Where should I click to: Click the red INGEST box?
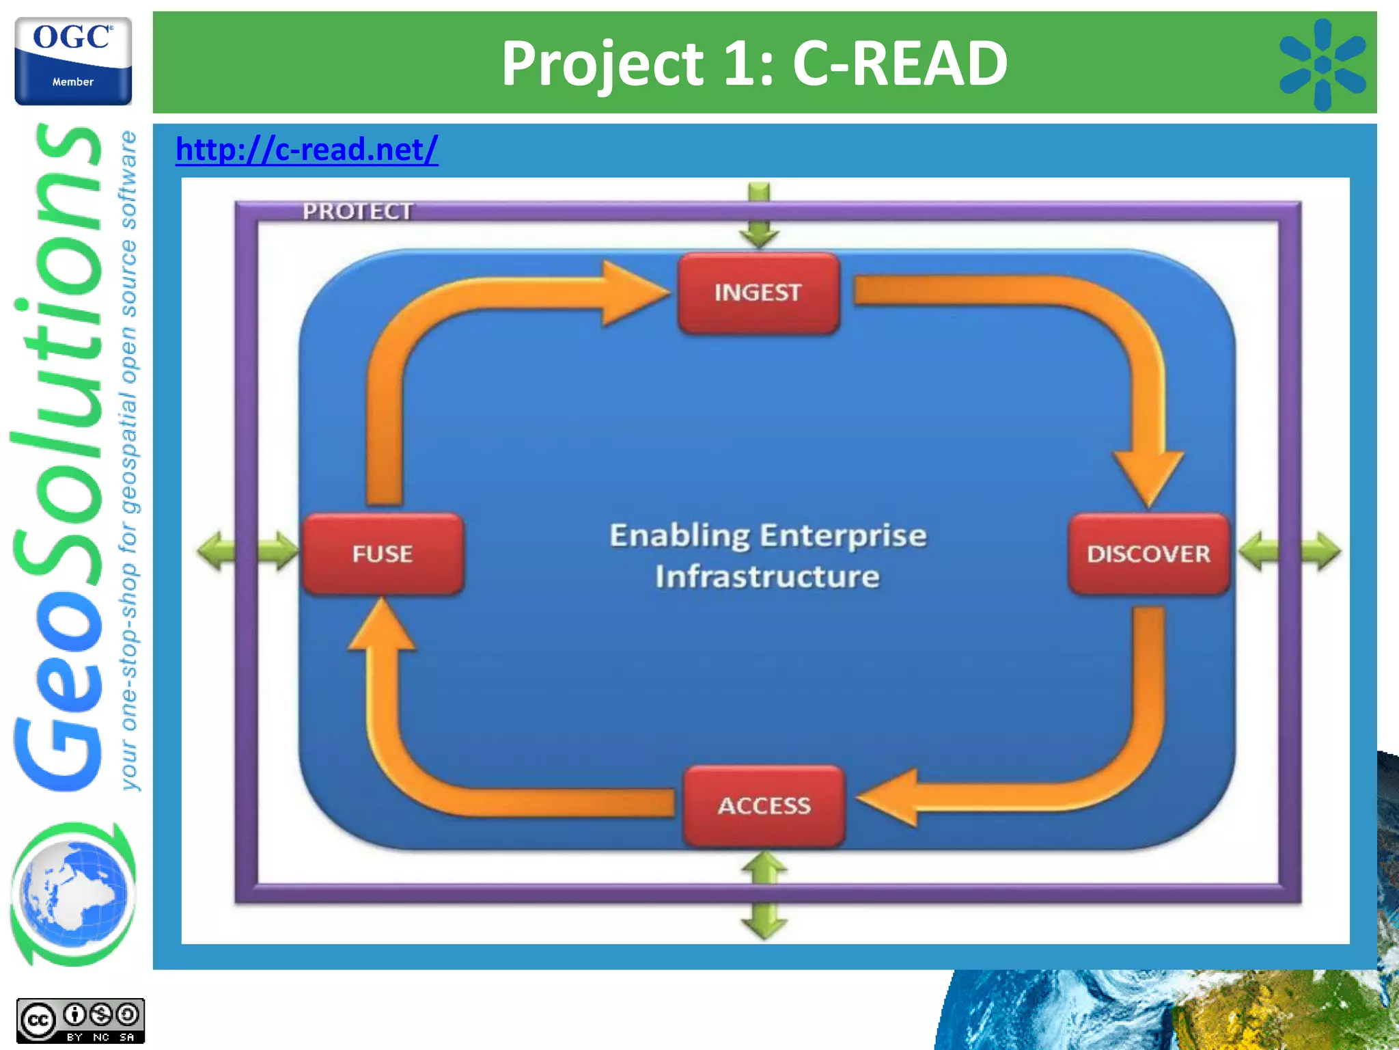758,293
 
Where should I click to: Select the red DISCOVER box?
1148,554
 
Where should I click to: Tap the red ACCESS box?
764,805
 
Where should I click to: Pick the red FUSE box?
383,554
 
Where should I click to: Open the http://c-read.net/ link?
307,149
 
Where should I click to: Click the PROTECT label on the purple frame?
357,211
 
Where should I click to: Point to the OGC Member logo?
73,62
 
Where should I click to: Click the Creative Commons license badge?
80,1021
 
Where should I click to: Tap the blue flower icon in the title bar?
1322,64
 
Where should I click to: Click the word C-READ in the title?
899,63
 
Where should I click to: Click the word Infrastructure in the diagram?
767,576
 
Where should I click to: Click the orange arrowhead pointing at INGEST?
632,293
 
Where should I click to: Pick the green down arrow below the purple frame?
764,921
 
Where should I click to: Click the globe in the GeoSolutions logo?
73,893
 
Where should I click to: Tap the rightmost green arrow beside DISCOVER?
1322,551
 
